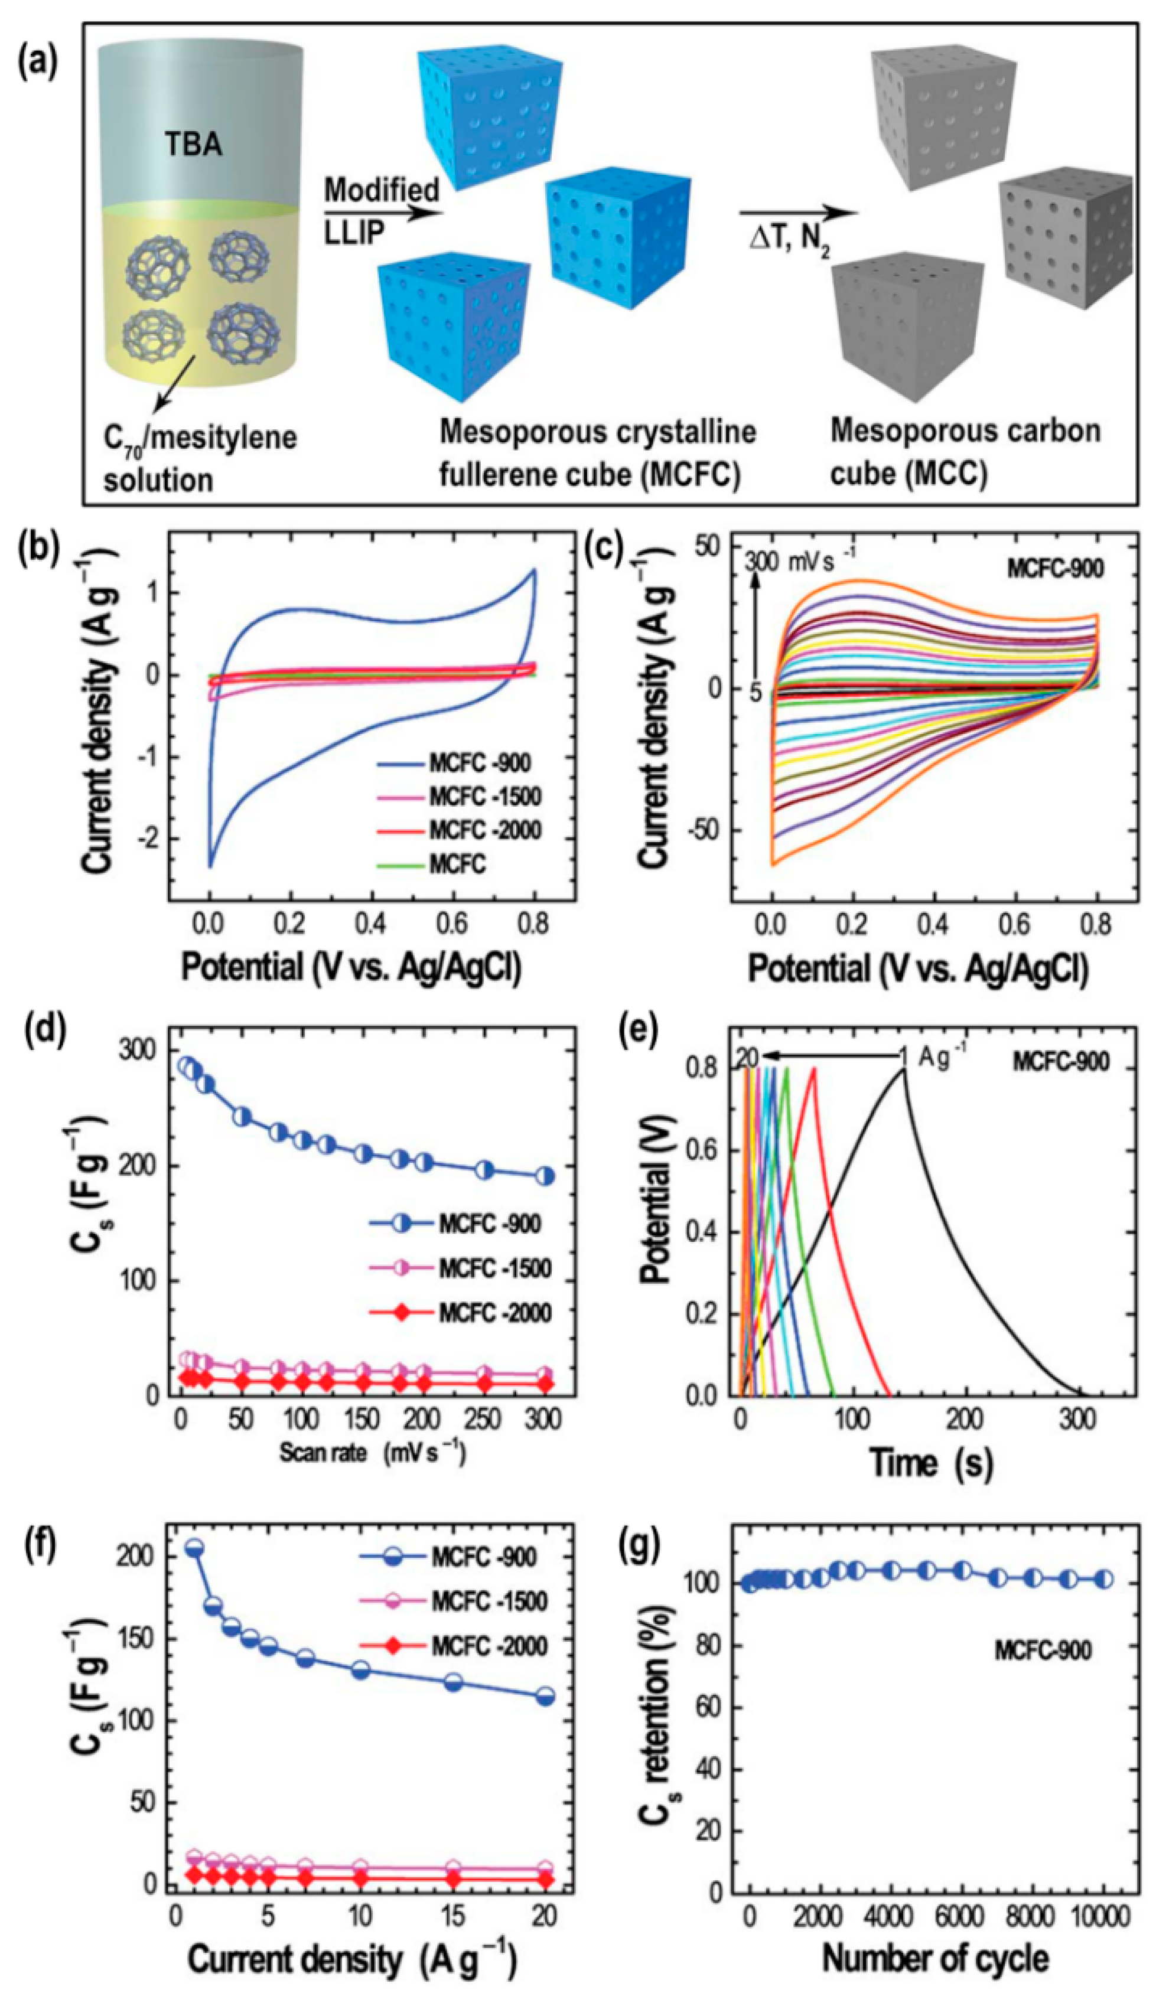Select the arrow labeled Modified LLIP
(x=383, y=213)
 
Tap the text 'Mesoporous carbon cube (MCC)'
(x=965, y=452)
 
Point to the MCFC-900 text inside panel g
(x=1043, y=1651)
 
